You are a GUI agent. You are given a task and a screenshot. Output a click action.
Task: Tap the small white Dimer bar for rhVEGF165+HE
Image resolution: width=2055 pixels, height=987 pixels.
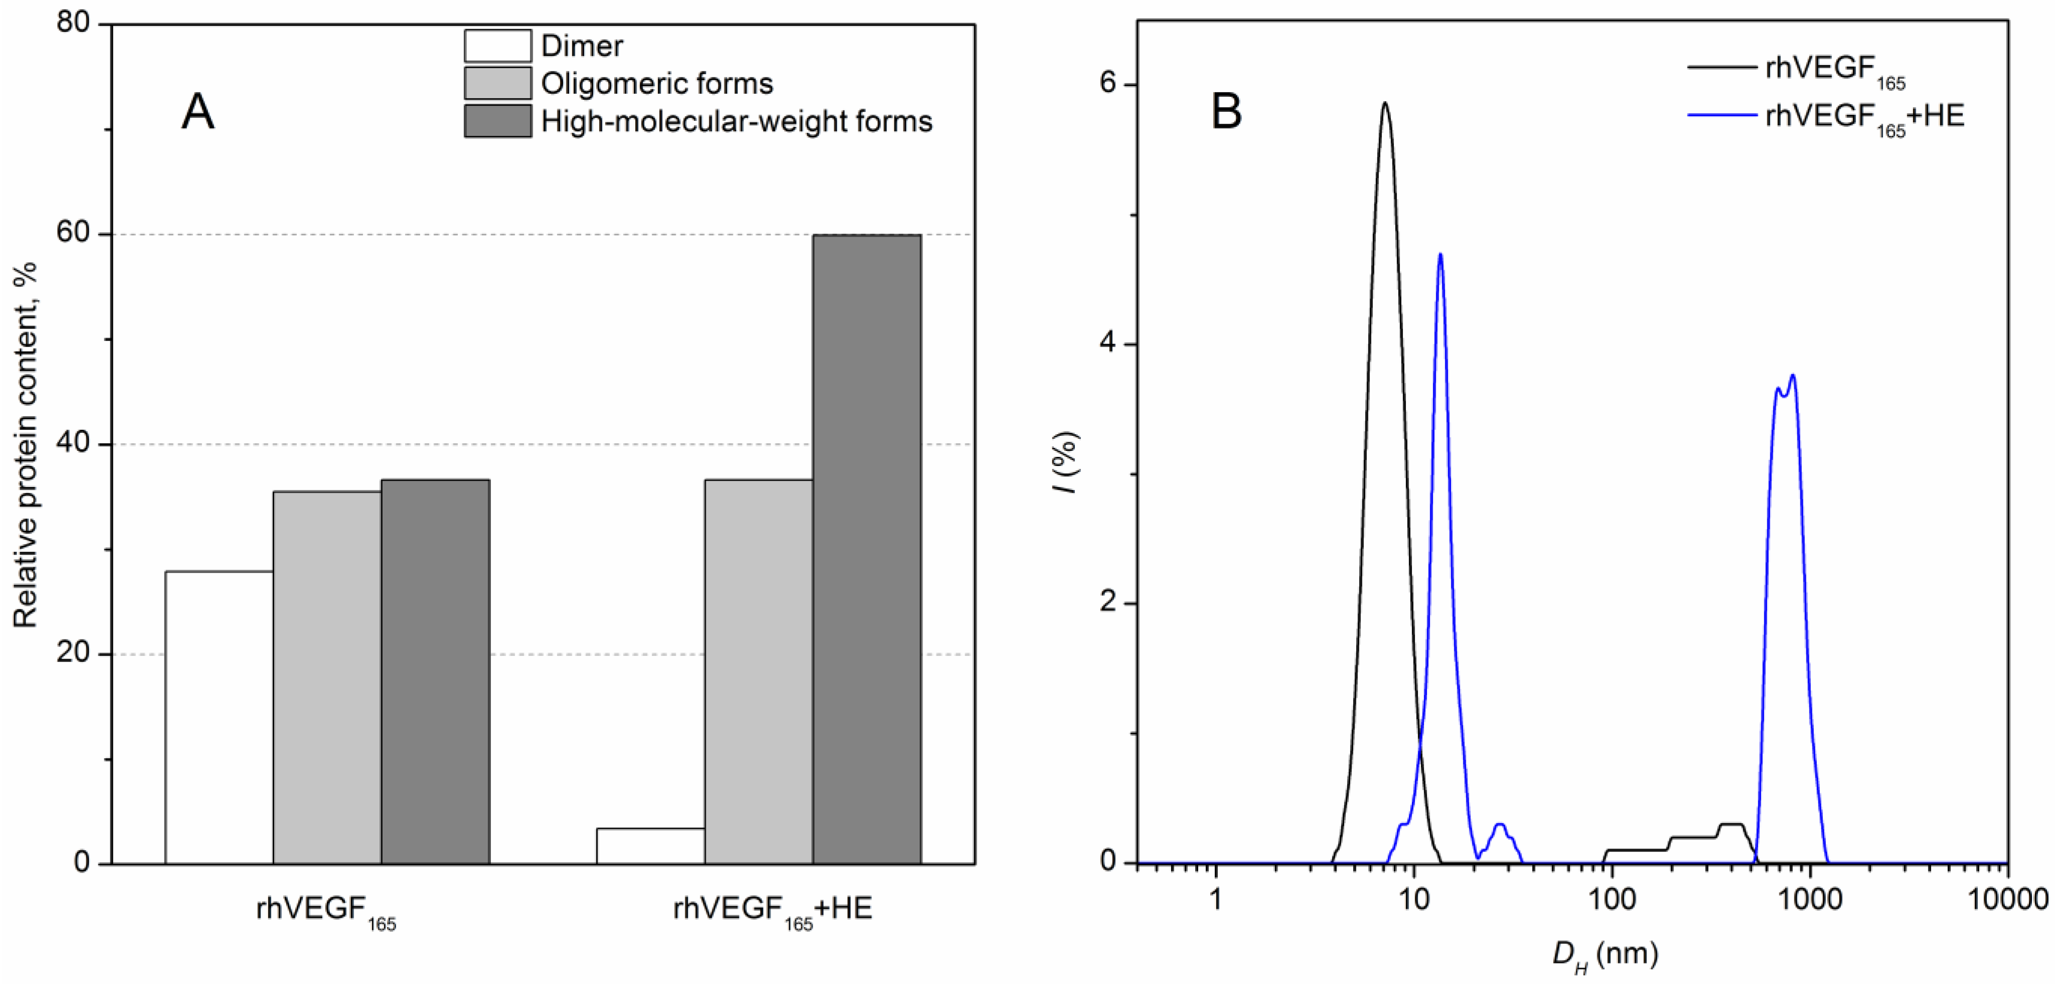pyautogui.click(x=650, y=846)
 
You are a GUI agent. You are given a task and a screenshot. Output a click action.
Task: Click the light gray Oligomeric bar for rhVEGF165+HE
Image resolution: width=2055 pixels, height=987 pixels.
pyautogui.click(x=758, y=670)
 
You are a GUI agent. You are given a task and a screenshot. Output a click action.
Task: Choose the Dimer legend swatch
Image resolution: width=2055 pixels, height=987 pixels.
pyautogui.click(x=498, y=46)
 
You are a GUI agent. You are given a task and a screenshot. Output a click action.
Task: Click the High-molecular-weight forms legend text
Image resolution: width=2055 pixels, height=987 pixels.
pyautogui.click(x=736, y=121)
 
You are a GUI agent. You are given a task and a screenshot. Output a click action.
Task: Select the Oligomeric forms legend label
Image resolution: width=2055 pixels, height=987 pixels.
pyautogui.click(x=657, y=83)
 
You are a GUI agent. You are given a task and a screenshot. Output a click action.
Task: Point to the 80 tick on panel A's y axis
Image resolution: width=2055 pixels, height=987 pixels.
pyautogui.click(x=73, y=24)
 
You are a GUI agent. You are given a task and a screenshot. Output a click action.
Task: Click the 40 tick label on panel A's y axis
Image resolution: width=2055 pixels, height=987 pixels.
pyautogui.click(x=73, y=444)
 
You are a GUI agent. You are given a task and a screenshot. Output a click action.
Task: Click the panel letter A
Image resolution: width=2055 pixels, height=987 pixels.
pyautogui.click(x=198, y=112)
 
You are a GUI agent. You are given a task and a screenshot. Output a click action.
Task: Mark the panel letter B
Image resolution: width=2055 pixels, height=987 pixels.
pyautogui.click(x=1226, y=112)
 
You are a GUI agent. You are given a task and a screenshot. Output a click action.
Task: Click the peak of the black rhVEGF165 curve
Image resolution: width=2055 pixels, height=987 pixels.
pyautogui.click(x=1385, y=104)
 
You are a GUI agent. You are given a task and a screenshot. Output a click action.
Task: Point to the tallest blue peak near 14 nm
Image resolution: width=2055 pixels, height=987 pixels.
pyautogui.click(x=1440, y=255)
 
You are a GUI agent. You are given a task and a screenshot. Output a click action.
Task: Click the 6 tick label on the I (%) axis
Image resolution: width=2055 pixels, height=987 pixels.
pyautogui.click(x=1107, y=85)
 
